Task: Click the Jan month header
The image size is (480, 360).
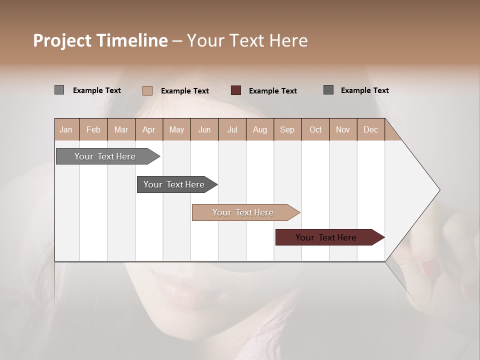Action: (x=66, y=129)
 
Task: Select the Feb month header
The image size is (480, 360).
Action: (x=93, y=129)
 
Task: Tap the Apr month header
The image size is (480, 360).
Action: (x=148, y=129)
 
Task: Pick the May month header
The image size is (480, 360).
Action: (x=176, y=129)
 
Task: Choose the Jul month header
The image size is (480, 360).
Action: (x=232, y=129)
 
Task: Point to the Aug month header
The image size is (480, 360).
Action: (x=259, y=129)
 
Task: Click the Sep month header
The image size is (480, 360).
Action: (x=287, y=129)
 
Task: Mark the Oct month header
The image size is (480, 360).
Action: (x=315, y=129)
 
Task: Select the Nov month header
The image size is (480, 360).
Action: (x=343, y=129)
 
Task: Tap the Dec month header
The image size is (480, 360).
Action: (x=370, y=129)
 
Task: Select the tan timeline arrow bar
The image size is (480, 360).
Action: (x=243, y=212)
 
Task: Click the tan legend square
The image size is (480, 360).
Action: (x=147, y=90)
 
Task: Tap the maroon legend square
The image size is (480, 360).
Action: (x=236, y=90)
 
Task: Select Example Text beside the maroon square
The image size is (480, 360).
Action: (x=272, y=91)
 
